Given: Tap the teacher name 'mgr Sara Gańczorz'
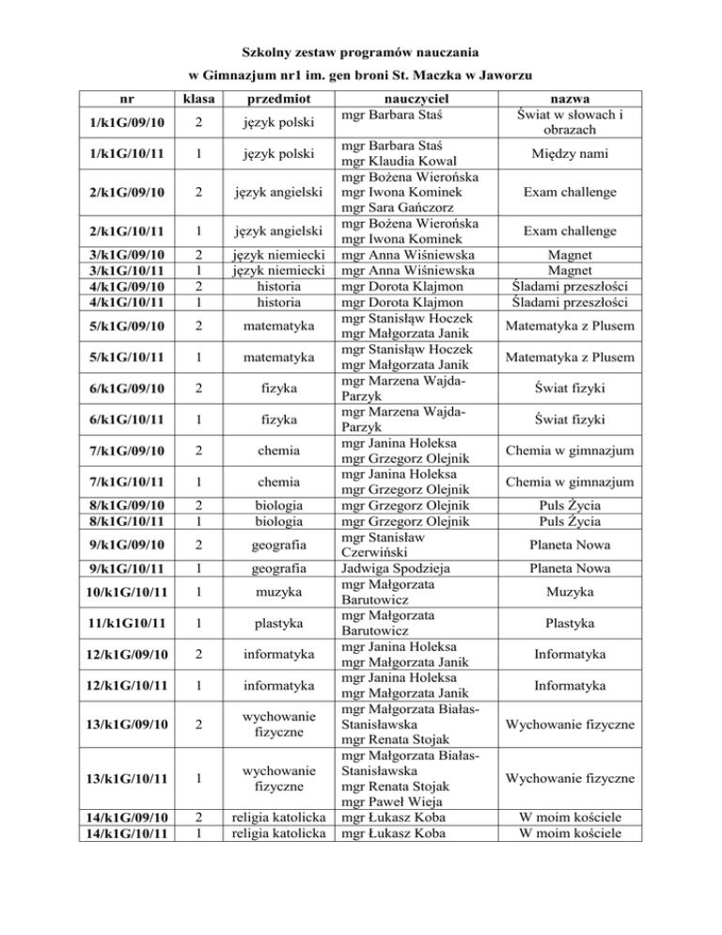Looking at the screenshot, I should [400, 213].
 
